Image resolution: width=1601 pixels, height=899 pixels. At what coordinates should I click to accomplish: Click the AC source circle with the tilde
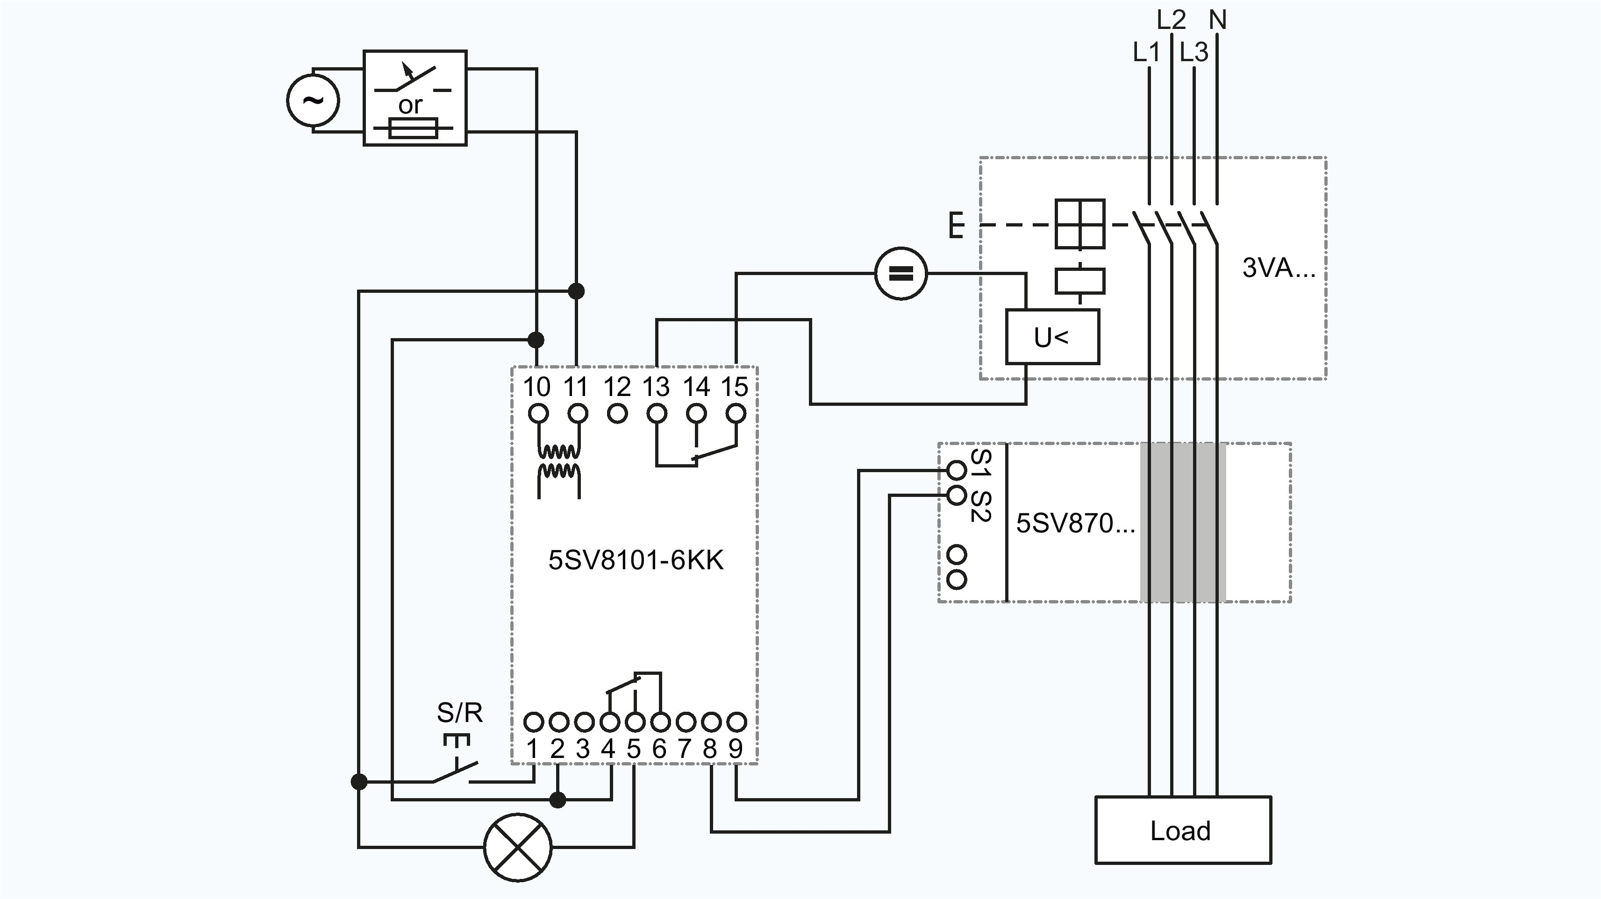pyautogui.click(x=313, y=100)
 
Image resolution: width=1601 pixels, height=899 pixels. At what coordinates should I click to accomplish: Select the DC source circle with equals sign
pyautogui.click(x=901, y=273)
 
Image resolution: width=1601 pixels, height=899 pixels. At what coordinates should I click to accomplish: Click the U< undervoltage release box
pyautogui.click(x=1051, y=337)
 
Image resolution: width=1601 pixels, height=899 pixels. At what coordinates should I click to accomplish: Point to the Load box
pyautogui.click(x=1182, y=830)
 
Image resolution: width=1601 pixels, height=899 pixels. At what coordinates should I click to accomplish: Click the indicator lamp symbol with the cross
pyautogui.click(x=518, y=847)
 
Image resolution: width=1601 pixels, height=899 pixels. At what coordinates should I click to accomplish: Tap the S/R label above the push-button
pyautogui.click(x=459, y=713)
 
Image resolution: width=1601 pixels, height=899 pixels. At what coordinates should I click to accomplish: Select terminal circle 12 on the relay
pyautogui.click(x=617, y=413)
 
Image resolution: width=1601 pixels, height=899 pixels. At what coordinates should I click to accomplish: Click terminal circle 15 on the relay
pyautogui.click(x=736, y=413)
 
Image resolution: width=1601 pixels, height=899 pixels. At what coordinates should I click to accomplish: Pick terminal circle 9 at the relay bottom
pyautogui.click(x=736, y=722)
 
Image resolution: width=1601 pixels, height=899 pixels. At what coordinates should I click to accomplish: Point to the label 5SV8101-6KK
pyautogui.click(x=635, y=560)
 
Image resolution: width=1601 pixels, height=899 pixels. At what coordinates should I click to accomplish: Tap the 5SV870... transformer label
pyautogui.click(x=1075, y=523)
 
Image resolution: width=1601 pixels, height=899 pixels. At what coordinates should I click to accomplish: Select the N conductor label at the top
pyautogui.click(x=1217, y=21)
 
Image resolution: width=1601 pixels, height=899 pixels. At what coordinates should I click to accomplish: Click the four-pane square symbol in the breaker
pyautogui.click(x=1080, y=224)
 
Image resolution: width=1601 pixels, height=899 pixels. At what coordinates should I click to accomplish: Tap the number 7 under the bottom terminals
pyautogui.click(x=684, y=749)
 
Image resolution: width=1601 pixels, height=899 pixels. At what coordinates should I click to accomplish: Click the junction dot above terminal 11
pyautogui.click(x=576, y=290)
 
